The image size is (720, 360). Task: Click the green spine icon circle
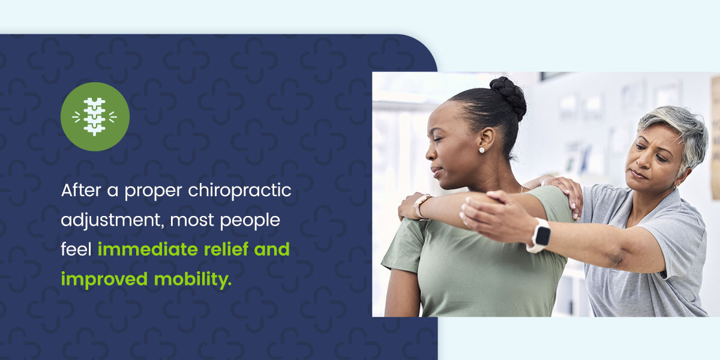click(95, 116)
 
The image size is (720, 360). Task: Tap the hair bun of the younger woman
click(508, 97)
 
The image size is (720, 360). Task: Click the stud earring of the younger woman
click(481, 150)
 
